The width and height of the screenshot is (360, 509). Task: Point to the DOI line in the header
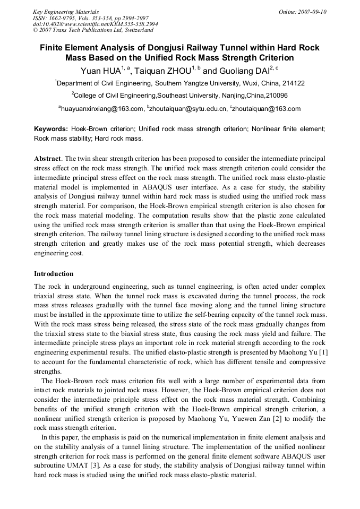[x=95, y=24]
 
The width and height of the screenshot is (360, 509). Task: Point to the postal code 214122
[x=293, y=83]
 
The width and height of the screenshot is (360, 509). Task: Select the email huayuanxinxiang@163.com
[x=102, y=109]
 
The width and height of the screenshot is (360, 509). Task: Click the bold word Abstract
[x=47, y=159]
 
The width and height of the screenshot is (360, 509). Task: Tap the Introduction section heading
[x=54, y=274]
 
